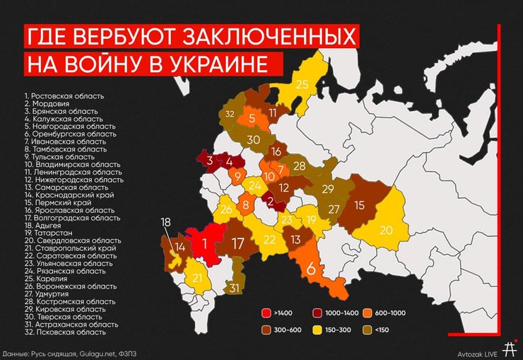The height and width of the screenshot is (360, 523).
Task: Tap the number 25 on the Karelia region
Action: pyautogui.click(x=302, y=85)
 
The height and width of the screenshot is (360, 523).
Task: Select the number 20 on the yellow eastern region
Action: pyautogui.click(x=386, y=230)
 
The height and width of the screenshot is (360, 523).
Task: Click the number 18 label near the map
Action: pyautogui.click(x=165, y=222)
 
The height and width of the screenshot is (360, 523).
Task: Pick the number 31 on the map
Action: pyautogui.click(x=234, y=288)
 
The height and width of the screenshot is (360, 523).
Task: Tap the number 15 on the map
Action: pyautogui.click(x=358, y=206)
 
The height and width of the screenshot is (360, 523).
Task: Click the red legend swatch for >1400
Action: pyautogui.click(x=266, y=312)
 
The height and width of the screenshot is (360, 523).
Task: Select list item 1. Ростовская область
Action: pyautogui.click(x=64, y=95)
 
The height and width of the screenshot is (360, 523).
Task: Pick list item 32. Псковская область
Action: pyautogui.click(x=64, y=331)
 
